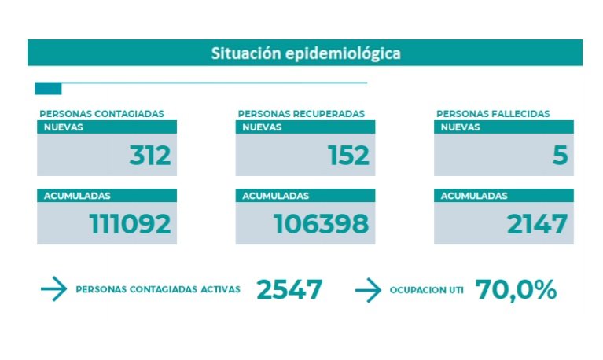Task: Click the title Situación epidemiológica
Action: (x=305, y=53)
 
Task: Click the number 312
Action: (x=149, y=156)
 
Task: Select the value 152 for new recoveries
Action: (x=348, y=156)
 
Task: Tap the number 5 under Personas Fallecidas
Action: (x=559, y=156)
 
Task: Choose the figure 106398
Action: (x=321, y=224)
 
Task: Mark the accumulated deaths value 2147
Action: (x=537, y=224)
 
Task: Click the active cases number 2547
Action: (x=289, y=289)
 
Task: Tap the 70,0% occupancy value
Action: (x=516, y=289)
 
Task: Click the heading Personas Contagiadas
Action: (x=101, y=114)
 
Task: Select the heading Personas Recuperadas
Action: (x=301, y=114)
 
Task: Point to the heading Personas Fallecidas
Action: (x=493, y=114)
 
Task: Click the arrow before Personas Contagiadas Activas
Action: (x=53, y=290)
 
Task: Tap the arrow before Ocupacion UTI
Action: (x=368, y=290)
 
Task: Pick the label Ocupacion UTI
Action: (x=426, y=290)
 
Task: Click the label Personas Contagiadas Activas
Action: (x=157, y=290)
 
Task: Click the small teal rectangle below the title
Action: (x=48, y=88)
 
